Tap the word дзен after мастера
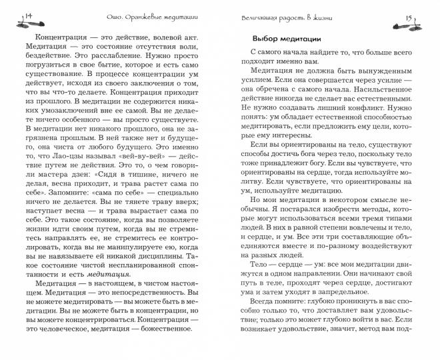[71, 176]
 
